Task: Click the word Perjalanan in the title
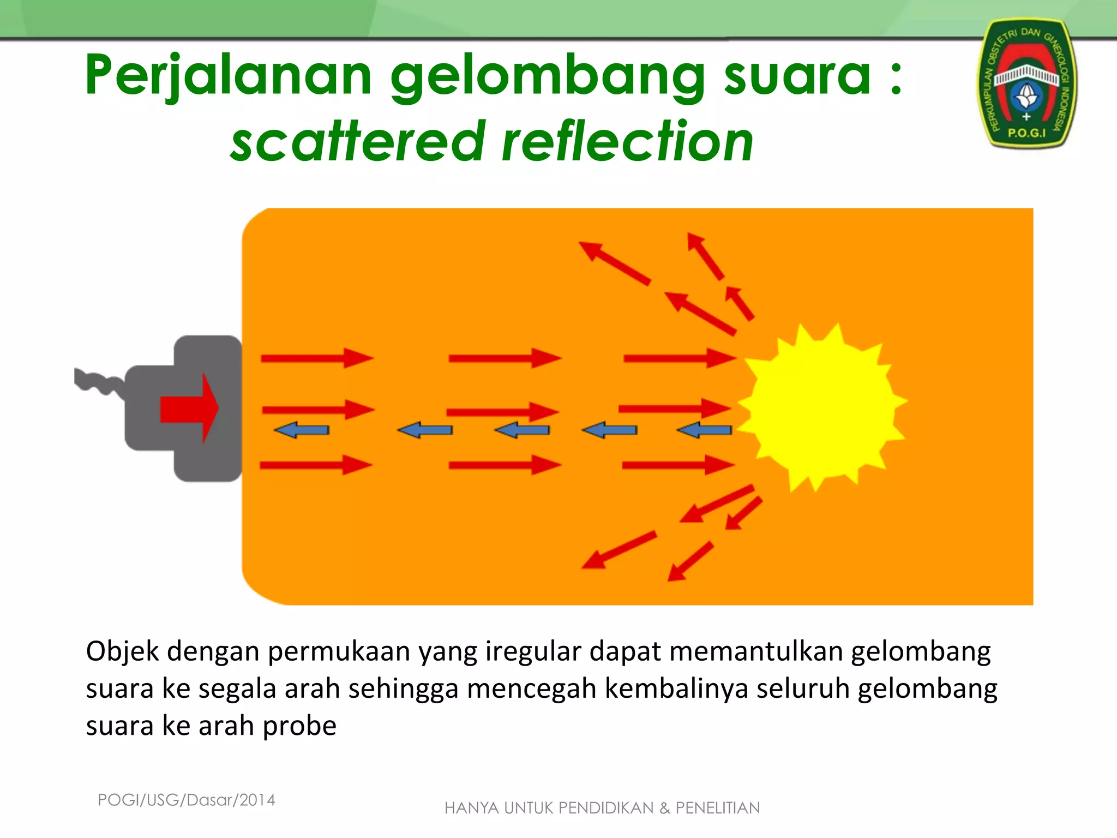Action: tap(229, 76)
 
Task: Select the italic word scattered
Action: tap(358, 142)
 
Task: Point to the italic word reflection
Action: tap(627, 142)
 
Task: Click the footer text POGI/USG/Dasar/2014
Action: tap(187, 800)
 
